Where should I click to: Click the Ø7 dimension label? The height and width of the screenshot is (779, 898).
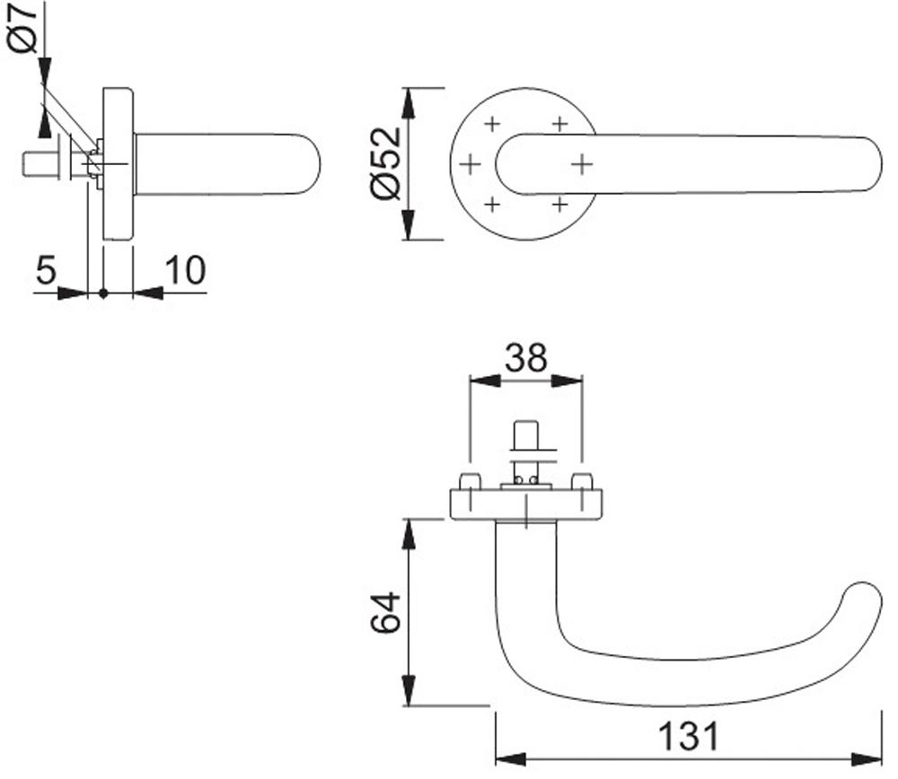tap(22, 28)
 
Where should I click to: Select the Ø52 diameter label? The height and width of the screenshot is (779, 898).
tap(385, 163)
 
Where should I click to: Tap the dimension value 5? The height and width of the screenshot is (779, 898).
tap(46, 270)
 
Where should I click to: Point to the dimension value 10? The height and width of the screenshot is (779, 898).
tap(185, 270)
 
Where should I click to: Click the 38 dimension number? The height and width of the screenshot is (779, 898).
tap(525, 358)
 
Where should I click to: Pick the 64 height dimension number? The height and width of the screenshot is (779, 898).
tap(385, 612)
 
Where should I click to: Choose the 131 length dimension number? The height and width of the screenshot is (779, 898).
tap(688, 736)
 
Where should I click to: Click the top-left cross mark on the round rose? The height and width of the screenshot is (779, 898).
tap(492, 124)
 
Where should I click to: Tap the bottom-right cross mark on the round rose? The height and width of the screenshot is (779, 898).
tap(560, 205)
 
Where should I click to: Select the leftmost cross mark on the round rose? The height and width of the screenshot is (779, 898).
tap(471, 165)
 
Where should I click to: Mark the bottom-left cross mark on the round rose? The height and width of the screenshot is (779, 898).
tap(492, 205)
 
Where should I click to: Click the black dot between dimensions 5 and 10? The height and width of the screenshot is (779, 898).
tap(103, 293)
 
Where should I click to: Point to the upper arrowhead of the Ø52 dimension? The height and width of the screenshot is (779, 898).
tap(408, 103)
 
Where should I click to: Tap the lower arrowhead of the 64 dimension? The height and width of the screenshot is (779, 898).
tap(409, 690)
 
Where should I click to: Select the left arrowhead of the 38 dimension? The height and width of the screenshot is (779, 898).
tap(485, 381)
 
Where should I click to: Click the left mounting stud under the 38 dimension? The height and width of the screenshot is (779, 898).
tap(469, 481)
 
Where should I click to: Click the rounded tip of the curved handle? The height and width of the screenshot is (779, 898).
tap(863, 601)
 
